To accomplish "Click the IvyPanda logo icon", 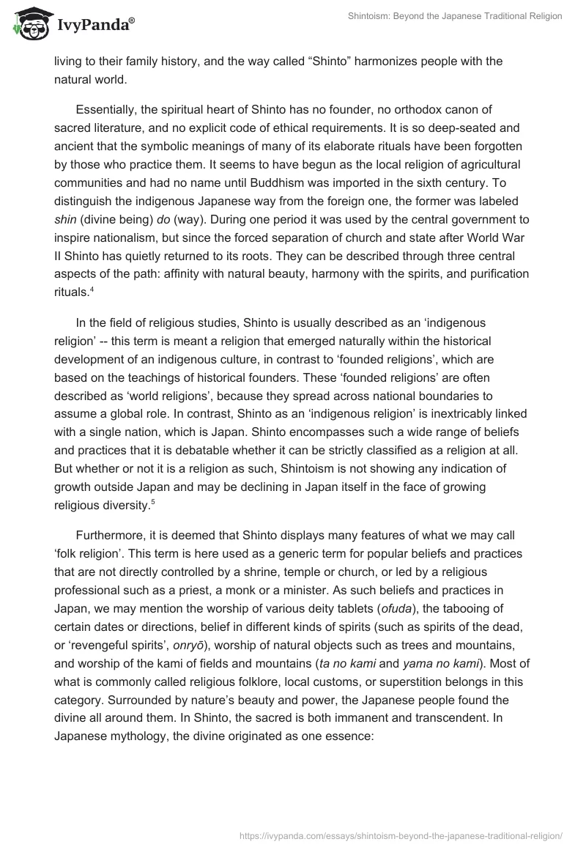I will click(x=28, y=21).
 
